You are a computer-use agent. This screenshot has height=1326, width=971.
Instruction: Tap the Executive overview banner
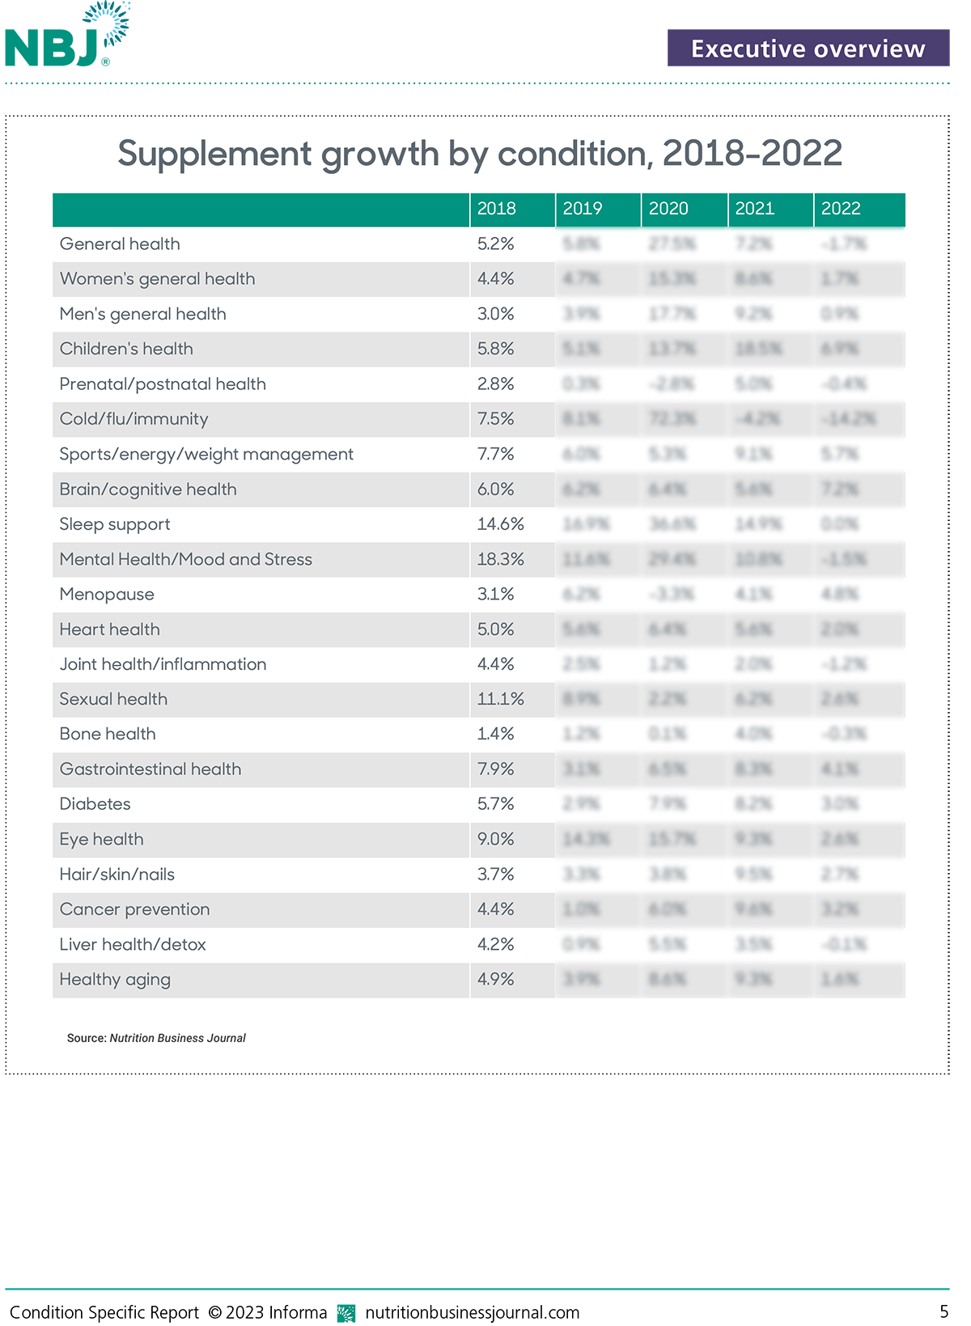click(808, 49)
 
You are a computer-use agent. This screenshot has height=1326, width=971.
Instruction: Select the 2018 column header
click(496, 209)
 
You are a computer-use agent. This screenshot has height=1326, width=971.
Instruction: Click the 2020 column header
click(668, 209)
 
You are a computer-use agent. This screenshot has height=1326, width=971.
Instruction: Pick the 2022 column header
click(841, 209)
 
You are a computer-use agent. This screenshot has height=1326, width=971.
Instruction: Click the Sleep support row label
click(115, 524)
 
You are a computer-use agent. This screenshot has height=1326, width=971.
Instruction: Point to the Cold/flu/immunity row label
click(134, 419)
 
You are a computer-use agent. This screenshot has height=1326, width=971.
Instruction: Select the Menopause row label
click(107, 595)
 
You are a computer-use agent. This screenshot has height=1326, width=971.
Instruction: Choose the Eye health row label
click(101, 840)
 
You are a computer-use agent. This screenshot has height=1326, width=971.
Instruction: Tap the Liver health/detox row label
click(133, 945)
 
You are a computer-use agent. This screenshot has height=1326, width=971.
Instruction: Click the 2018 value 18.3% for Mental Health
click(500, 559)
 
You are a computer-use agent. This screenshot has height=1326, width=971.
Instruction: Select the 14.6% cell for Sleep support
click(500, 524)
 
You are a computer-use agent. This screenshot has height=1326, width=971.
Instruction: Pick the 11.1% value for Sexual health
click(500, 699)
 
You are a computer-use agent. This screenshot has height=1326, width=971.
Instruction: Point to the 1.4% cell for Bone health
click(495, 734)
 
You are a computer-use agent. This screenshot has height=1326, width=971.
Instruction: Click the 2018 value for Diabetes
click(495, 804)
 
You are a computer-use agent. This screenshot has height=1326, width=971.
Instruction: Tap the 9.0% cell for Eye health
click(495, 840)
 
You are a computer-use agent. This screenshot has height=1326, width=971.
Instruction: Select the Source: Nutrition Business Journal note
click(156, 1038)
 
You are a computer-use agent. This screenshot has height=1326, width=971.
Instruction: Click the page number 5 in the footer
click(943, 1311)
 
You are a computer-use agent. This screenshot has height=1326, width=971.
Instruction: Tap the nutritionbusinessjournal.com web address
click(472, 1312)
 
